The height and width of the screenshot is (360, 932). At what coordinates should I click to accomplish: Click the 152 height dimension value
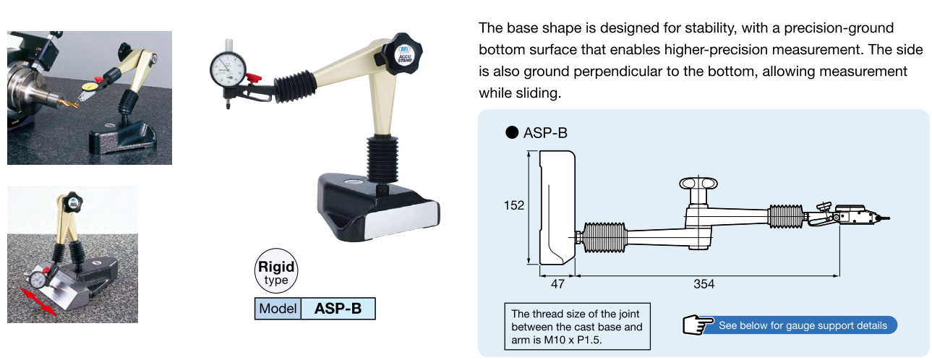tap(514, 205)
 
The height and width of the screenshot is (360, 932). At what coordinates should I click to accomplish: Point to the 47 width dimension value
tap(557, 284)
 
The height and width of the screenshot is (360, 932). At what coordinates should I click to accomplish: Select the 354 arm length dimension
tap(704, 284)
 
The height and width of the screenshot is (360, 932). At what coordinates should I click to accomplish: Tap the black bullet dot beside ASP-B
tap(512, 132)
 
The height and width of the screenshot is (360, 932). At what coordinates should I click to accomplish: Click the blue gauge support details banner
tap(799, 325)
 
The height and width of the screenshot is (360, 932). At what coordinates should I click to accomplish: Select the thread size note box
tap(577, 327)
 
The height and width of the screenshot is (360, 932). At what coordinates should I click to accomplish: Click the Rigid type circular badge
tap(276, 271)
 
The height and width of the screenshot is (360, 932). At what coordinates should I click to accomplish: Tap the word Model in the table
tap(278, 309)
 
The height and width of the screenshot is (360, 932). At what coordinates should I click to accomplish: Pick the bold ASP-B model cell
tap(338, 309)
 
